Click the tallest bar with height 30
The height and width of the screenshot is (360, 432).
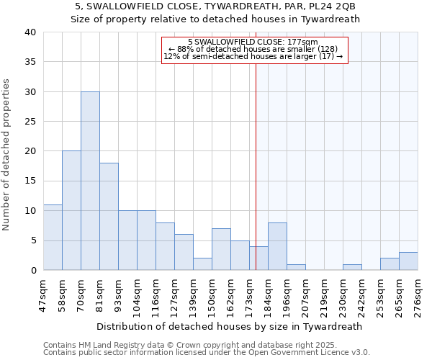(90, 181)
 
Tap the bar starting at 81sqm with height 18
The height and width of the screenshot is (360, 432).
(109, 216)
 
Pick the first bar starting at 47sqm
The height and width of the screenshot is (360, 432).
(53, 237)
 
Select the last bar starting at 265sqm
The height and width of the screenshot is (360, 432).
(408, 261)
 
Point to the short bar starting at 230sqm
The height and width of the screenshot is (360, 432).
(352, 267)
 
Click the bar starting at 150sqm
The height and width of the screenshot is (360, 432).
(221, 249)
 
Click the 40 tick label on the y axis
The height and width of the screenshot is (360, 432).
(30, 32)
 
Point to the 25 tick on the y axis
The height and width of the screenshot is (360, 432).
(30, 122)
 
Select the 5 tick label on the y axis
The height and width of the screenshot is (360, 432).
(32, 240)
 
